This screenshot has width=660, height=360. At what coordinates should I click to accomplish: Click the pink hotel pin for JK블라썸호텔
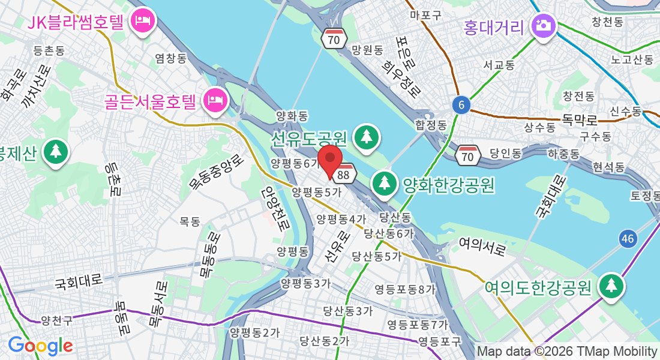coord(143,22)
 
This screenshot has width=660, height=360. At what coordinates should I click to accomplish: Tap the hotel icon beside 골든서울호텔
coord(214,100)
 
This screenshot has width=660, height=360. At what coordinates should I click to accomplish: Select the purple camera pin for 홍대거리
coord(544,26)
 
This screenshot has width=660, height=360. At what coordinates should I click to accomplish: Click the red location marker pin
coord(329,161)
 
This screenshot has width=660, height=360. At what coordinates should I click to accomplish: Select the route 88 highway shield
coord(344,174)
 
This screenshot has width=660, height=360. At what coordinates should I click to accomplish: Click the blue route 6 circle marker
coord(461,106)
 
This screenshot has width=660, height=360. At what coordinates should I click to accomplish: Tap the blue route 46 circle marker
coord(628,239)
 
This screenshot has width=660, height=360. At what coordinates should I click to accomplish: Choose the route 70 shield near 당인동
coord(468,155)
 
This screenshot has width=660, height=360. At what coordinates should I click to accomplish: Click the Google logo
coord(40,346)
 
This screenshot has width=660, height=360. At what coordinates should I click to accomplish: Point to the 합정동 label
coord(431,125)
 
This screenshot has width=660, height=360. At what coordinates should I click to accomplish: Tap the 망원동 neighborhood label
coord(367,50)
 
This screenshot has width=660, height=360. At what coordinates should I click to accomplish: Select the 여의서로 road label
coord(482,246)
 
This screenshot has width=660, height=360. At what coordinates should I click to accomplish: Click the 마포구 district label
coord(425,14)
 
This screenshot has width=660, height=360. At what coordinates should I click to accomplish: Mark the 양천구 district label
coord(57,320)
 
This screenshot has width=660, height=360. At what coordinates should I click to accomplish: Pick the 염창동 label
coord(171,58)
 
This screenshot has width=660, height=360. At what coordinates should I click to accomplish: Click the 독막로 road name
coord(580,119)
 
